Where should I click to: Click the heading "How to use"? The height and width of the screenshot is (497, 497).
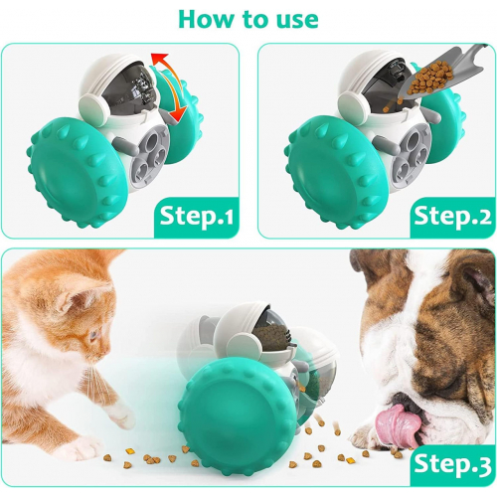[248, 19]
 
